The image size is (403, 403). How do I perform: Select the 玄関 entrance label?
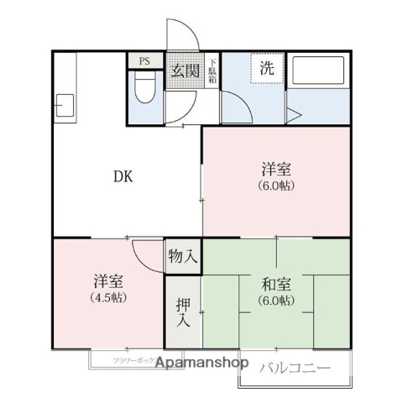[x=185, y=71]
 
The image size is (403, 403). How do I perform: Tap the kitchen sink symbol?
[x=64, y=106]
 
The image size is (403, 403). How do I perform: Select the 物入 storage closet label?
[x=182, y=255]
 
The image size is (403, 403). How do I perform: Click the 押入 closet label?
[x=182, y=311]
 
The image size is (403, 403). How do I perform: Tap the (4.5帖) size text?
[x=107, y=298]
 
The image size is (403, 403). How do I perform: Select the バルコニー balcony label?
[x=294, y=367]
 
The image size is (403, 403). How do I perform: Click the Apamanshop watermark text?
[x=198, y=364]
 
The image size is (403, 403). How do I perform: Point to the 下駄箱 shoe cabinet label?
[x=213, y=71]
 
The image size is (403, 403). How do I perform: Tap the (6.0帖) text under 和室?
[x=276, y=301]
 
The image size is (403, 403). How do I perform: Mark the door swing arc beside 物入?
[x=149, y=256]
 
